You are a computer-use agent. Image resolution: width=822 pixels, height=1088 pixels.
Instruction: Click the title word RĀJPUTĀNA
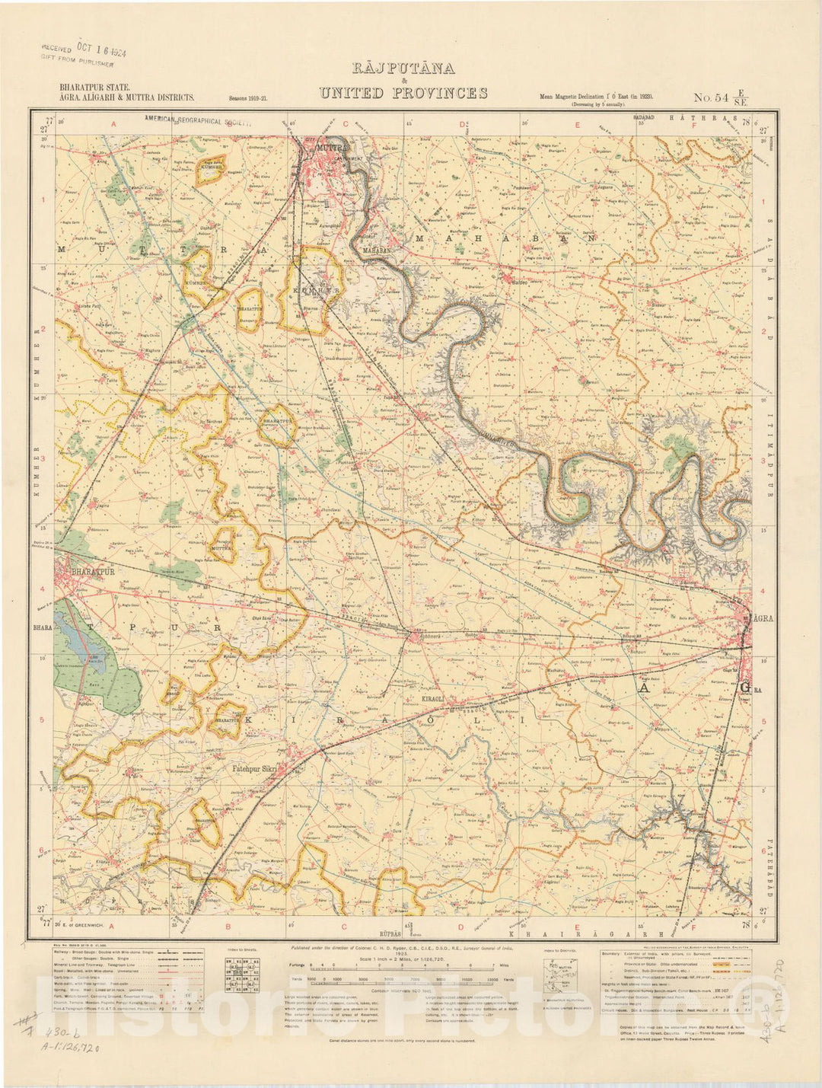point(403,69)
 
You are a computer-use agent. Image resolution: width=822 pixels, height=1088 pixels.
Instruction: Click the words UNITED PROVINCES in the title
point(403,94)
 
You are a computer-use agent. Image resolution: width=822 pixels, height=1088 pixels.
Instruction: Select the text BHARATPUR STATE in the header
point(94,88)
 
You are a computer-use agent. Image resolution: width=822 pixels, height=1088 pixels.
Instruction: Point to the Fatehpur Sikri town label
point(256,769)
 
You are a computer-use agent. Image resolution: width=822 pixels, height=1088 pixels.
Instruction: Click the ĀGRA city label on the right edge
point(762,618)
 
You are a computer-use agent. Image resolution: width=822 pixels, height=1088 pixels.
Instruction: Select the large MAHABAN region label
point(502,238)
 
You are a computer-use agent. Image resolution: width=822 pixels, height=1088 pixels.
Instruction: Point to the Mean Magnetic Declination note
point(597,97)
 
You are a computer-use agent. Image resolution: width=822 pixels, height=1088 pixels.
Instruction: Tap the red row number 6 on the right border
point(763,851)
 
